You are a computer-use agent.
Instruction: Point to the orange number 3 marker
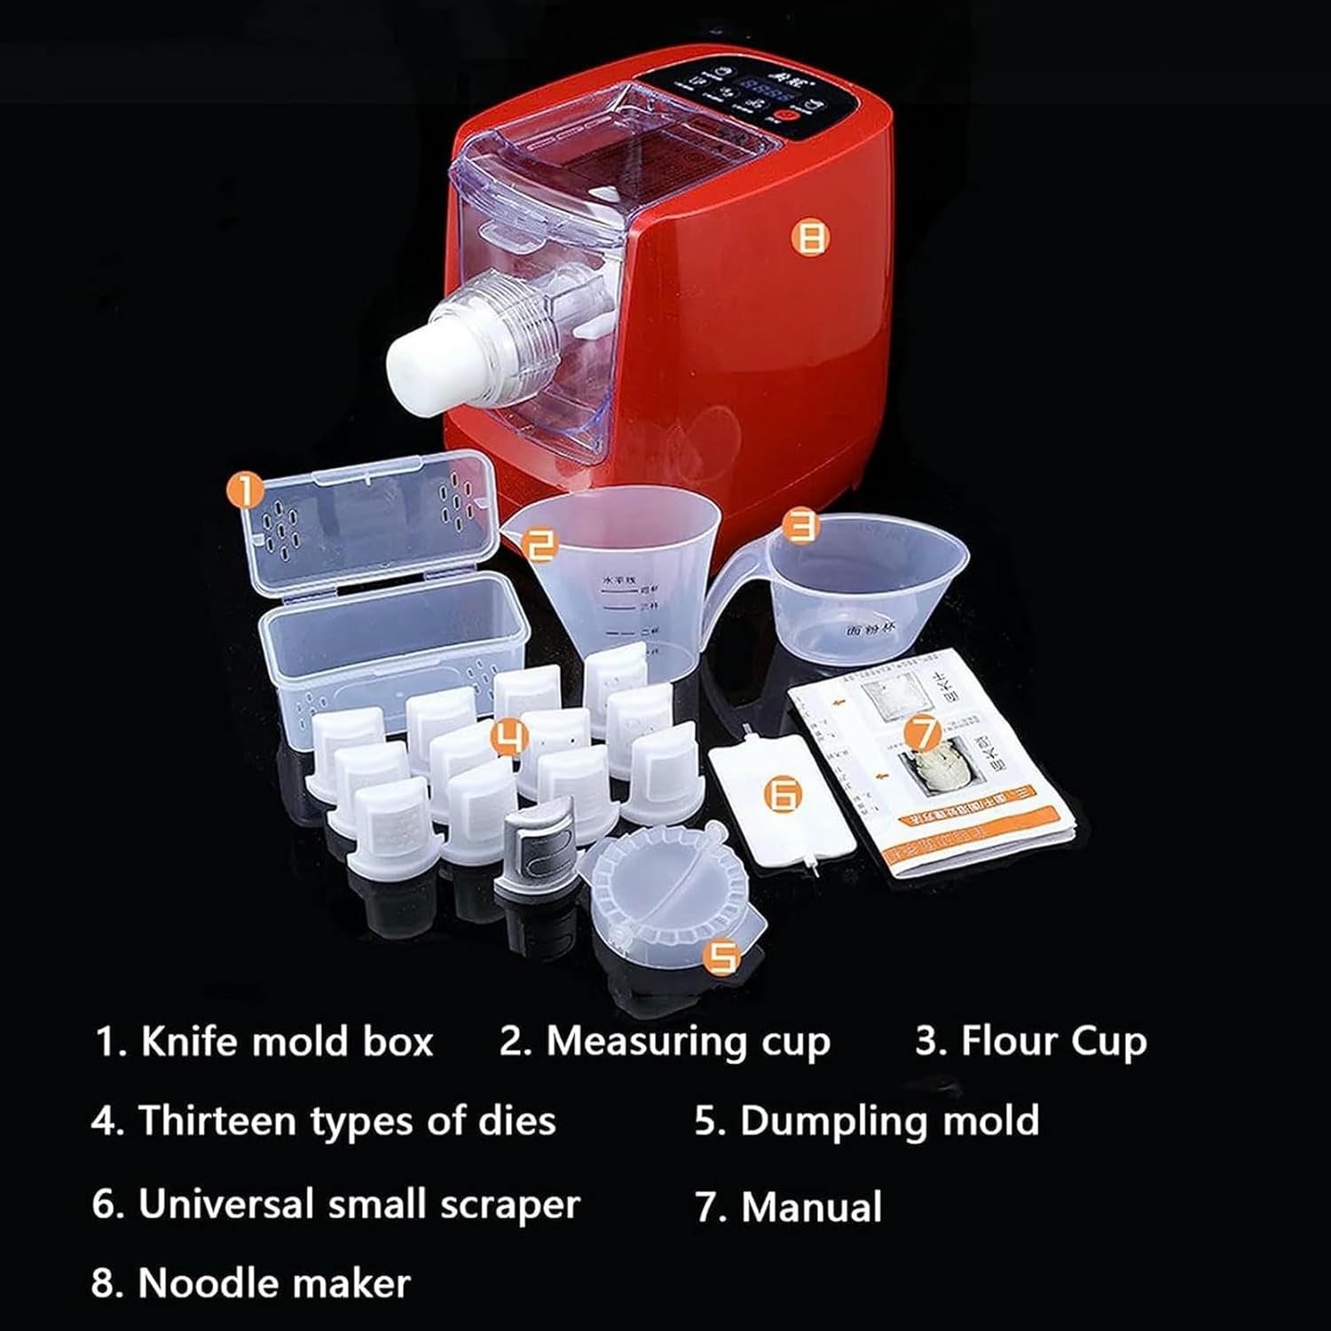pos(803,525)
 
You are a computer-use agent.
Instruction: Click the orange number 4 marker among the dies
pos(509,736)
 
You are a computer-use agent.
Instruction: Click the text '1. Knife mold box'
pos(264,1042)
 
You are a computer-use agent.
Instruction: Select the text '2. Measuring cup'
pos(665,1042)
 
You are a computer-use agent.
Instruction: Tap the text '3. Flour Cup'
pos(1031,1042)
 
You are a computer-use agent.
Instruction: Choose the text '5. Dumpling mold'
pos(867,1121)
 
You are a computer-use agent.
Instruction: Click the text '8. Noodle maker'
pos(251,1283)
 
